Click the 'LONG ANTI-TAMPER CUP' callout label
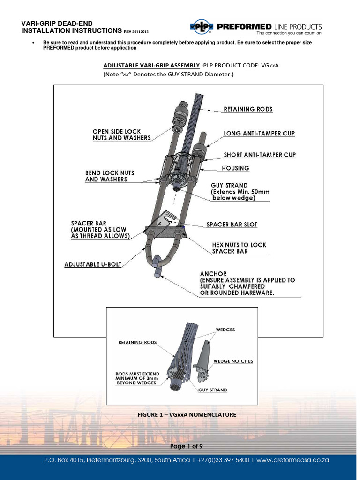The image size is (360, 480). coord(259,134)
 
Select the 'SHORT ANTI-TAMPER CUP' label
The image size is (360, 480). coord(260,155)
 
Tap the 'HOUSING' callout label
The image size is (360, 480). coord(235,168)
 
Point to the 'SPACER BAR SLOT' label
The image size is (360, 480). coord(232,225)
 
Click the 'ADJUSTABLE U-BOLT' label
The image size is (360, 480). coord(93,265)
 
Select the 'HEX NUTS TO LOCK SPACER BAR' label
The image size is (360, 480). coord(239,248)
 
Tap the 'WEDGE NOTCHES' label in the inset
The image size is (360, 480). coord(233,361)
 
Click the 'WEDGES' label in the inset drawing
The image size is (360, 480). coord(225,330)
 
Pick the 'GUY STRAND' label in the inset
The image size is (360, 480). coord(212,390)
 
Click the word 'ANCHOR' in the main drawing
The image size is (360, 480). coord(213,274)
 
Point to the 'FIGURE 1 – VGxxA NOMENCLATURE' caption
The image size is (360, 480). coord(187,415)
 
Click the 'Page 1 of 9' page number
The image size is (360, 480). coord(186,446)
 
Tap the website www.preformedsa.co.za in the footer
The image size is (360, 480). coord(293,460)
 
